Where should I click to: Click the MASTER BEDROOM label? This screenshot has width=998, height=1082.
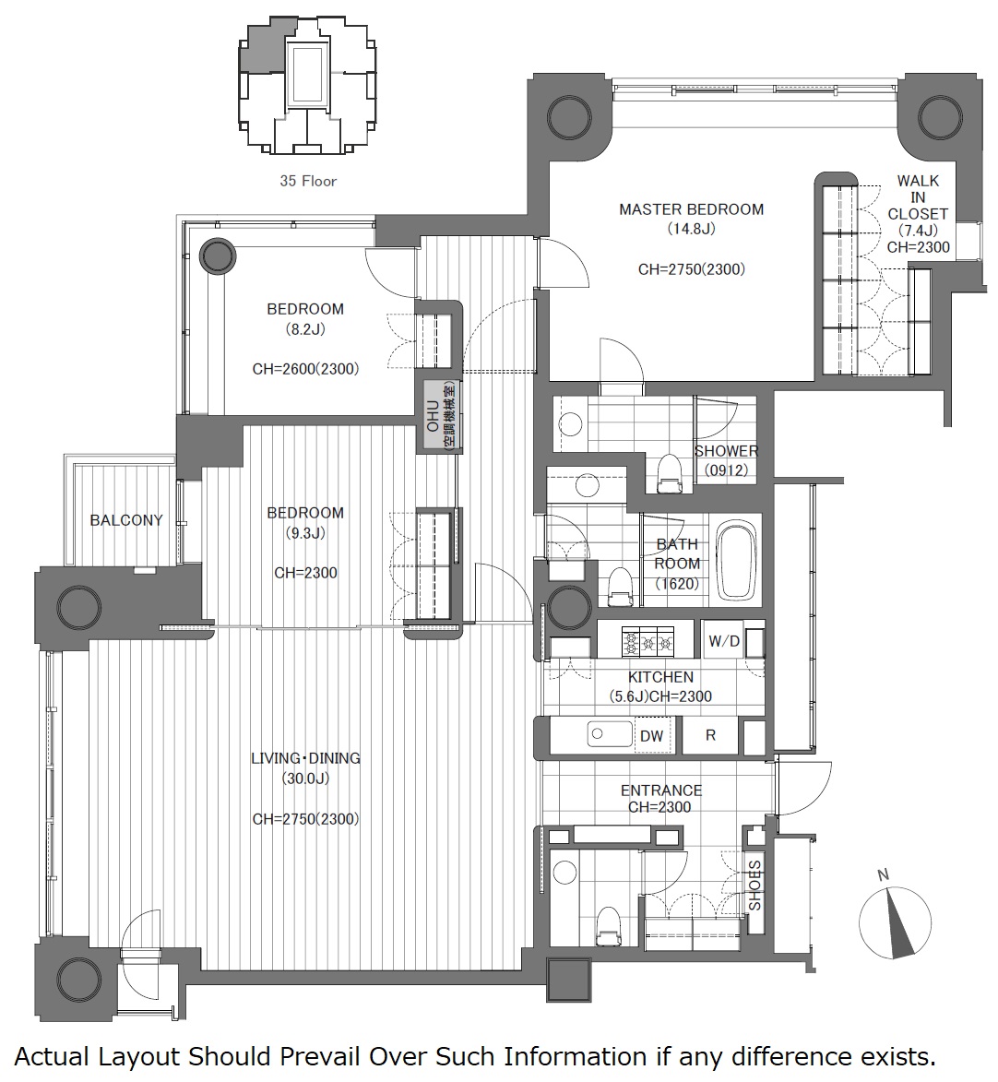(x=691, y=209)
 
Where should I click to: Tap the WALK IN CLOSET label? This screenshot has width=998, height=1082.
(x=918, y=197)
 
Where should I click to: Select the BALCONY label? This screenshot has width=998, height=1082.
(x=126, y=519)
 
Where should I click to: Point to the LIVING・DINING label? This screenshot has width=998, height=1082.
(x=305, y=757)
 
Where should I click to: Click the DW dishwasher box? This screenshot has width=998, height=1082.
(x=651, y=735)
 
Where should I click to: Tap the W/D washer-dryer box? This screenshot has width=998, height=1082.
(x=724, y=642)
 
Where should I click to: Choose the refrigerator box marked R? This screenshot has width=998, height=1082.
(x=710, y=735)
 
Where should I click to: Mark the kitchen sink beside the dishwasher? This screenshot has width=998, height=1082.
(x=610, y=734)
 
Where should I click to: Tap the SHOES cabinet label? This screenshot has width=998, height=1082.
(x=754, y=886)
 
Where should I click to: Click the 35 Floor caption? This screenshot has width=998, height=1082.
(x=308, y=181)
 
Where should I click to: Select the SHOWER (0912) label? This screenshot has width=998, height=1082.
(x=726, y=460)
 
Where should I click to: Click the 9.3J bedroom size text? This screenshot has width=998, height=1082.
(x=305, y=533)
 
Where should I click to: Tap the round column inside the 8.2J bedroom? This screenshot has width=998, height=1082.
(x=218, y=256)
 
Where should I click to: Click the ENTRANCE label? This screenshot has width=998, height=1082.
(x=660, y=791)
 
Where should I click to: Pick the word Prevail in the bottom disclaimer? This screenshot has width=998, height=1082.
(x=318, y=1056)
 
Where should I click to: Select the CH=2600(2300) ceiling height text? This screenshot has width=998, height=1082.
(x=305, y=369)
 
